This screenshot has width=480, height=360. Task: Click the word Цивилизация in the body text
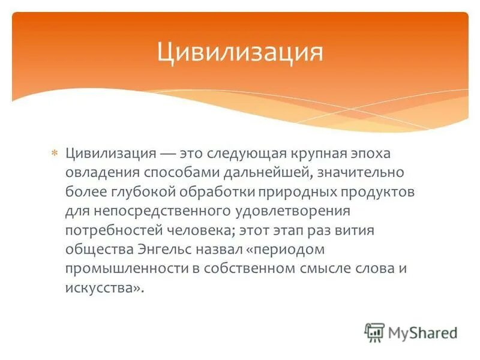111,154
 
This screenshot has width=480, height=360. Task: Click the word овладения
102,173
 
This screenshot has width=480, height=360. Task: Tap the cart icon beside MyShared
374,333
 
